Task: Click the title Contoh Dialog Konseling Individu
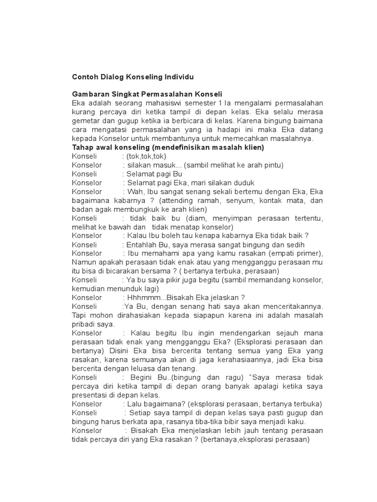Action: coord(133,77)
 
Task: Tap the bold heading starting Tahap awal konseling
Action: coord(168,147)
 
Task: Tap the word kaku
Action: coord(296,422)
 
